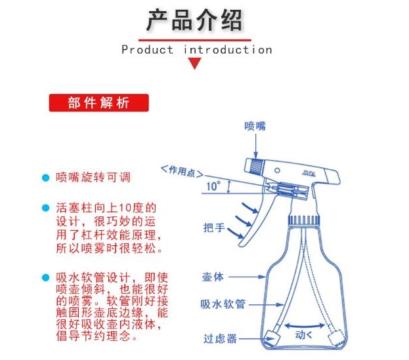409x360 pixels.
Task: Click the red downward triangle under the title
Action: pyautogui.click(x=194, y=63)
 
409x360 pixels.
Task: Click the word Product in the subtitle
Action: pyautogui.click(x=147, y=49)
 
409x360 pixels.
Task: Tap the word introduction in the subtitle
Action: pyautogui.click(x=228, y=49)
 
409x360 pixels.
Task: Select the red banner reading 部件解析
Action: pyautogui.click(x=99, y=103)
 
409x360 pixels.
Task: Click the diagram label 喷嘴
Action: pyautogui.click(x=255, y=126)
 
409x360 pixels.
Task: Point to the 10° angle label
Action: pyautogui.click(x=213, y=186)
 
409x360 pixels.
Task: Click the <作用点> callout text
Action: pyautogui.click(x=182, y=171)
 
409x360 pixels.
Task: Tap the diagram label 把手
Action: pyautogui.click(x=214, y=228)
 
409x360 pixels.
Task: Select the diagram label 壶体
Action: pyautogui.click(x=213, y=277)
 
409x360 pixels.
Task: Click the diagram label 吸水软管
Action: pyautogui.click(x=223, y=304)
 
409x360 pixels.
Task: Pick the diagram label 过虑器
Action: pyautogui.click(x=220, y=338)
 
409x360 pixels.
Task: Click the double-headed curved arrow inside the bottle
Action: pyautogui.click(x=305, y=326)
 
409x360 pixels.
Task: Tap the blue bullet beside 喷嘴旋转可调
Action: pyautogui.click(x=46, y=178)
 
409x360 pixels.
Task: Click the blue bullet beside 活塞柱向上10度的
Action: pyautogui.click(x=46, y=208)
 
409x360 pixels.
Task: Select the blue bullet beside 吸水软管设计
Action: pyautogui.click(x=46, y=277)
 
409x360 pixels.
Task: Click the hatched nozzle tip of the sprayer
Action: pyautogui.click(x=257, y=166)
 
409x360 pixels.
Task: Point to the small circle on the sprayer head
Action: pyautogui.click(x=277, y=170)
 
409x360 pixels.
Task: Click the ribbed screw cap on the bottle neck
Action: pyautogui.click(x=303, y=220)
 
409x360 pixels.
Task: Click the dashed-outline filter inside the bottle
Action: pyautogui.click(x=337, y=337)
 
